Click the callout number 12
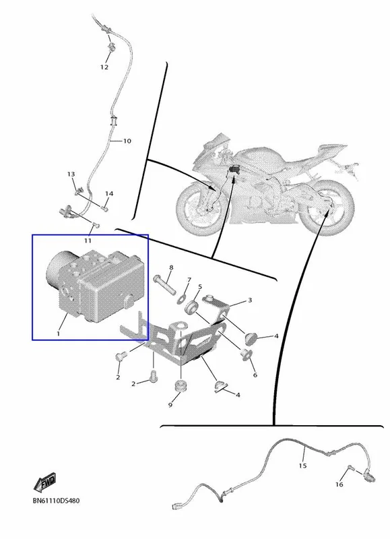pyautogui.click(x=104, y=67)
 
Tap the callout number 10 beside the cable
pyautogui.click(x=127, y=141)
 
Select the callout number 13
pyautogui.click(x=71, y=175)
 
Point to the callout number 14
pyautogui.click(x=109, y=194)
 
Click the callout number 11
pyautogui.click(x=88, y=241)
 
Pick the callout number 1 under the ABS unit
pyautogui.click(x=58, y=334)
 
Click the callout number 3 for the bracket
pyautogui.click(x=250, y=300)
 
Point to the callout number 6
pyautogui.click(x=255, y=375)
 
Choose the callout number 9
pyautogui.click(x=170, y=406)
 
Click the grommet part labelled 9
pyautogui.click(x=181, y=385)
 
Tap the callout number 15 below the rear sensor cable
pyautogui.click(x=302, y=466)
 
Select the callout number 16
pyautogui.click(x=339, y=484)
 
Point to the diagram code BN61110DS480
pyautogui.click(x=56, y=501)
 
